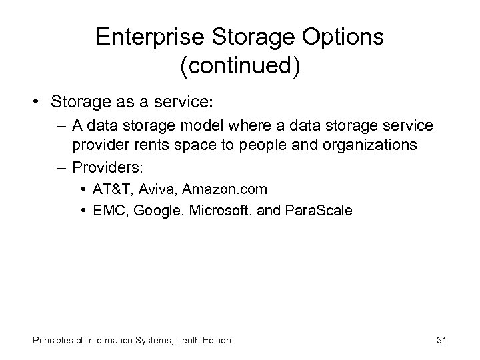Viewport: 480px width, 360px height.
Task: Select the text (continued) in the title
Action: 239,67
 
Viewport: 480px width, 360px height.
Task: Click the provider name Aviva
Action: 155,189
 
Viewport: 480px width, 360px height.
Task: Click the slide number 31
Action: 441,340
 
